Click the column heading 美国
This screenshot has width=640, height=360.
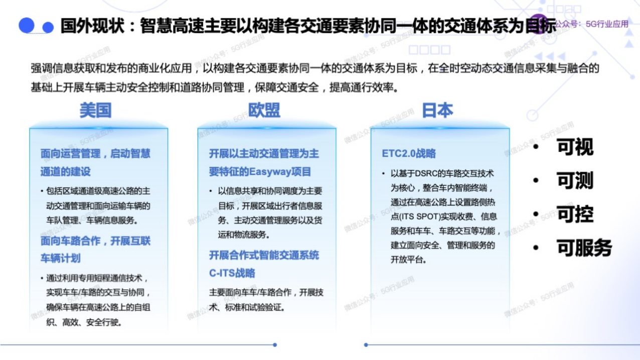click(x=95, y=111)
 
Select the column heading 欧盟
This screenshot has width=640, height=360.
click(x=264, y=111)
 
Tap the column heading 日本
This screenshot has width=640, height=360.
click(x=437, y=111)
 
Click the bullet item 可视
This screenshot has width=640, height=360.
click(x=575, y=147)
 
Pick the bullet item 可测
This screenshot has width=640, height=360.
click(x=575, y=181)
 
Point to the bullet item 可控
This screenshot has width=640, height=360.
click(x=575, y=215)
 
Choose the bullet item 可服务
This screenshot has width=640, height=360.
click(x=584, y=248)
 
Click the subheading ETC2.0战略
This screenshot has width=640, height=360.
click(x=409, y=153)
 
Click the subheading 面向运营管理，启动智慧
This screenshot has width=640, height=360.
click(x=95, y=153)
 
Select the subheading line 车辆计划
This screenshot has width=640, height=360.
click(x=61, y=258)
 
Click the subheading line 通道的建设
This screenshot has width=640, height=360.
click(x=66, y=171)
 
